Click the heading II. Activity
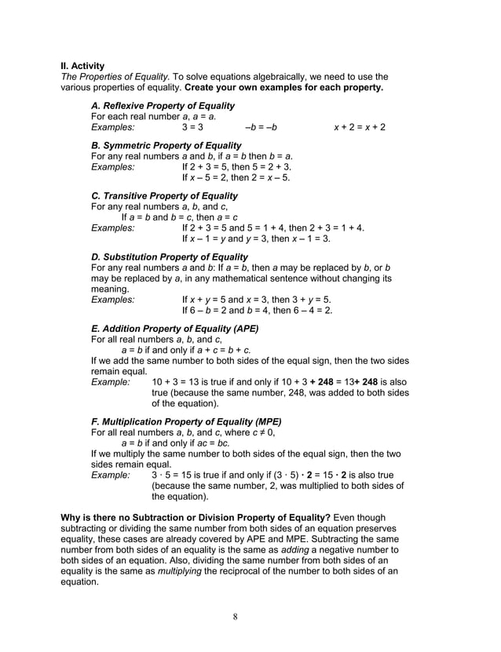pos(82,66)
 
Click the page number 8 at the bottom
pos(235,616)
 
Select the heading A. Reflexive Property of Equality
pos(163,106)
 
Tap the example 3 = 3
pos(192,127)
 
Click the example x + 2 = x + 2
pos(360,127)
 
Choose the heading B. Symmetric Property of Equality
pos(166,146)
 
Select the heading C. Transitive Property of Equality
pos(164,196)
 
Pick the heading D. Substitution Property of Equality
pos(170,257)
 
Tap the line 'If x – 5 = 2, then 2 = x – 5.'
pos(236,177)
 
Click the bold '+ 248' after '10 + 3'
pos(322,382)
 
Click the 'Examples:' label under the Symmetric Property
pos(113,167)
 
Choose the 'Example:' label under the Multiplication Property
pos(111,475)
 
